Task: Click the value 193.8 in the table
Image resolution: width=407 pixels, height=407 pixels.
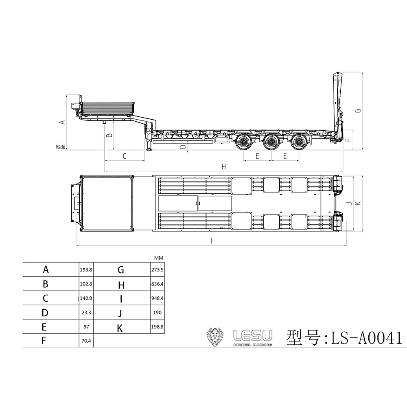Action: click(86, 269)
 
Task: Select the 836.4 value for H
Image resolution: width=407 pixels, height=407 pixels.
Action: click(158, 284)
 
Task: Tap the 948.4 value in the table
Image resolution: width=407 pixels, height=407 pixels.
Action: click(158, 298)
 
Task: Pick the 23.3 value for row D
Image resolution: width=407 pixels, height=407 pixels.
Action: click(86, 313)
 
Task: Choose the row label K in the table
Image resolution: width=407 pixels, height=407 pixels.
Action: click(120, 328)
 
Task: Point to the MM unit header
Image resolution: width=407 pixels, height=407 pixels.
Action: click(159, 258)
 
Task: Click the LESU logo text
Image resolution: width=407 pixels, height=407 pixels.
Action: click(252, 335)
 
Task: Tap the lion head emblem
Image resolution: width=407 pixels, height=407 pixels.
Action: click(216, 337)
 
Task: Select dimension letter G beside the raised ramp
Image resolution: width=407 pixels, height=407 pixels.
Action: click(357, 111)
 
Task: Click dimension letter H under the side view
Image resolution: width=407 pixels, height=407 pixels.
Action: click(223, 166)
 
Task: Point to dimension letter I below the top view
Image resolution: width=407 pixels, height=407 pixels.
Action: click(211, 241)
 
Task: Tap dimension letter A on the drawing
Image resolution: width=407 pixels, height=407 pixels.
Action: click(62, 122)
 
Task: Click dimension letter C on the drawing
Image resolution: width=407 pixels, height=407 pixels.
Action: click(125, 156)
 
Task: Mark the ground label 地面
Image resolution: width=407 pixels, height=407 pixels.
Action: click(60, 147)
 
